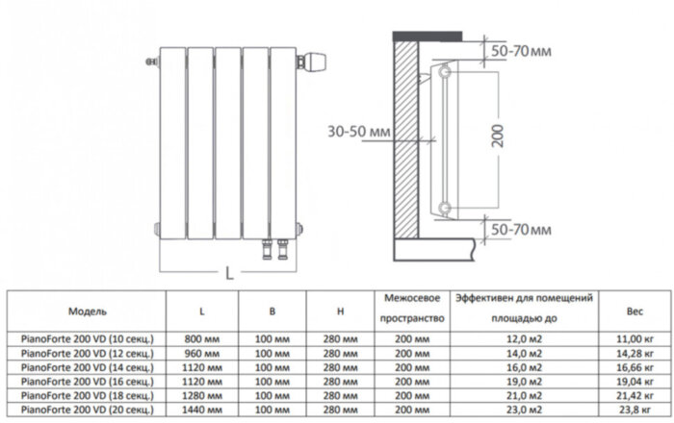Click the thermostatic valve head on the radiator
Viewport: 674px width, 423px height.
point(315,62)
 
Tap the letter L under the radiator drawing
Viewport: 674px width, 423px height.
point(229,273)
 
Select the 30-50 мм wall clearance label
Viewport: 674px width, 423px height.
point(359,132)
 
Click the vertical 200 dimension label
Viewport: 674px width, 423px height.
point(498,136)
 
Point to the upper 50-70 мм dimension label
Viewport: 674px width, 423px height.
point(521,51)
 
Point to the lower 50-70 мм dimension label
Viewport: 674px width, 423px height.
point(521,230)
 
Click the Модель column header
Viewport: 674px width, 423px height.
point(88,311)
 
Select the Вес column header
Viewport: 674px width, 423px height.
point(635,311)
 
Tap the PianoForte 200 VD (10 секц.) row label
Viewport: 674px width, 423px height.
point(88,339)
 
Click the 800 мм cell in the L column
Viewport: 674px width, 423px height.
point(202,339)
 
